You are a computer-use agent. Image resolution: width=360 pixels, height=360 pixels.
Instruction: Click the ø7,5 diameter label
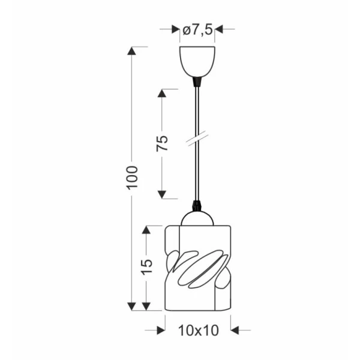197,30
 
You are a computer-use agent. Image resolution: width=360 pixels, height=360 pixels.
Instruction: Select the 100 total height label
132,178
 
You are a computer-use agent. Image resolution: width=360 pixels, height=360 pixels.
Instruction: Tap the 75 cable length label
162,144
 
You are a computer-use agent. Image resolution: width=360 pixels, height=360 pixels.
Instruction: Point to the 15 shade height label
147,267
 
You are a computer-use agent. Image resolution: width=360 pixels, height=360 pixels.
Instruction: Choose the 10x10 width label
199,331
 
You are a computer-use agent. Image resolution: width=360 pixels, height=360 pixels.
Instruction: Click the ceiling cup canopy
197,62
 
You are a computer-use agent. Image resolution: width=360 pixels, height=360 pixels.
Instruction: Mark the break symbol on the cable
197,139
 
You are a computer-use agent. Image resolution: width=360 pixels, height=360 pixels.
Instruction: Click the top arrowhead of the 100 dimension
131,51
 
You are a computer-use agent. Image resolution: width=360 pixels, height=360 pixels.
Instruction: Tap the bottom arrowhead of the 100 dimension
131,306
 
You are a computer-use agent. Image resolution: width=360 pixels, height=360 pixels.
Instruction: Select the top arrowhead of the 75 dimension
162,93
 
